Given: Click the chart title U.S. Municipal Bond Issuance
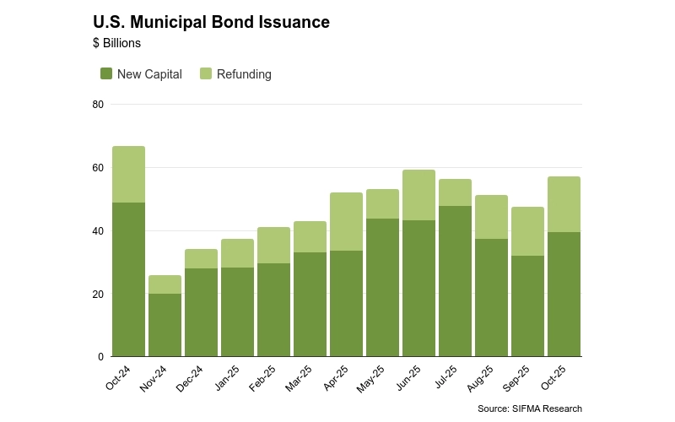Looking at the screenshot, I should pos(211,23).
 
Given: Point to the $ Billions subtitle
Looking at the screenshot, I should pos(116,43).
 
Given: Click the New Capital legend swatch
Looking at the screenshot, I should pos(106,74).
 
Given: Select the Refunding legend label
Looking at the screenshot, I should pos(244,74).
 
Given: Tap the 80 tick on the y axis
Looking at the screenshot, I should pos(98,105).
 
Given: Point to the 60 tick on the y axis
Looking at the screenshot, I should pos(98,168).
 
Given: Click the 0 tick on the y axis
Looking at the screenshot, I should pos(100,357).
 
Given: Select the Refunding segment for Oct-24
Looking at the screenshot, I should pos(128,175).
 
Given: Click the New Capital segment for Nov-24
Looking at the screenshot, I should pos(165,325).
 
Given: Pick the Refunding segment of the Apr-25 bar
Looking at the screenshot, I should pos(346,222).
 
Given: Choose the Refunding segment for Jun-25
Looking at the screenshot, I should pos(418,195).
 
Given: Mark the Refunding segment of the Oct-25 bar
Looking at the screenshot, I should pos(564,204).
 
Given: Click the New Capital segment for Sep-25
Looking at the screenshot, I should pos(527,306).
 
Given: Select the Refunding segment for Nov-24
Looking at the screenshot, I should pos(165,284).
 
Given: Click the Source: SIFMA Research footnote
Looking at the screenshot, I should pos(529,408).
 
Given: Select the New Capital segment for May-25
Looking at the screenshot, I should pos(382,288).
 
